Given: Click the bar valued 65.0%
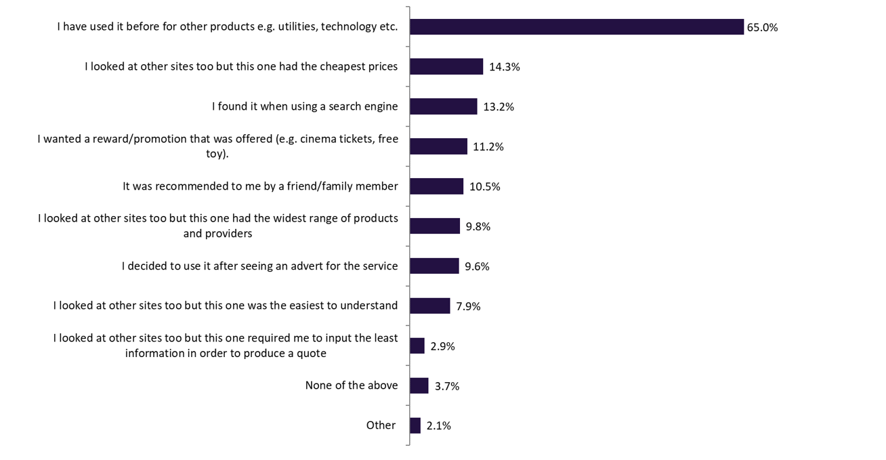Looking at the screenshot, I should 576,26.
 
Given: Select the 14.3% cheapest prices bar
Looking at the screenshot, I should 446,66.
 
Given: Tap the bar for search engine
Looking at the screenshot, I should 443,106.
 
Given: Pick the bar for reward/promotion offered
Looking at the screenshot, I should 438,146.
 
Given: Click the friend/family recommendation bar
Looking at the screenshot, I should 436,186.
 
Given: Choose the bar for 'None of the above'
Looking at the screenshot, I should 419,385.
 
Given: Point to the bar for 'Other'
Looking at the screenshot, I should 415,425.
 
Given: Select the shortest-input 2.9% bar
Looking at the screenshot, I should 417,346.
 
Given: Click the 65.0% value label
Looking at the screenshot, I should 762,28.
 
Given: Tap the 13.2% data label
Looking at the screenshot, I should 499,107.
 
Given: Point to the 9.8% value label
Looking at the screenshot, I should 477,226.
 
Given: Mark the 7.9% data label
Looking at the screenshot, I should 468,306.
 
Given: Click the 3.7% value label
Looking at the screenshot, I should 447,386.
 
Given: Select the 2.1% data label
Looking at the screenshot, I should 438,426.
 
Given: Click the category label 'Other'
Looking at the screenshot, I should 381,425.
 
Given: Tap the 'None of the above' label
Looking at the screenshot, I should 351,385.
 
